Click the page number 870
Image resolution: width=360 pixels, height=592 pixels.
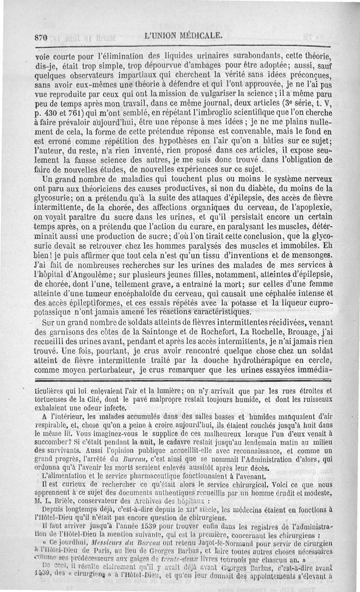[x=40, y=38]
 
